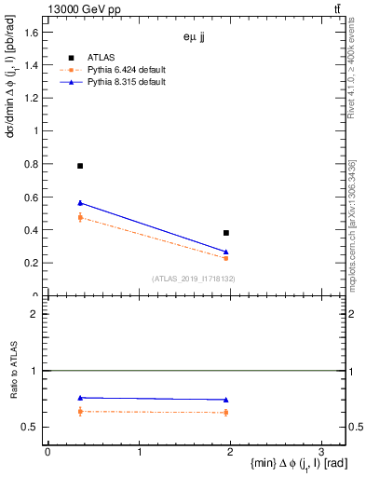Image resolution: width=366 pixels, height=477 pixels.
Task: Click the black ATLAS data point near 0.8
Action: (80, 166)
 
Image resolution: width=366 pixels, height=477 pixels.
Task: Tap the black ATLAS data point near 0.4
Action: (226, 233)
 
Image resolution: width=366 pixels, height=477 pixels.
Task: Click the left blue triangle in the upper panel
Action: (80, 203)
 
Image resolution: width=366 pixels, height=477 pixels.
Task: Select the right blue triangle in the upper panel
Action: (226, 252)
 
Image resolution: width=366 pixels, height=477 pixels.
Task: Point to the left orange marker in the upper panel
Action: (80, 217)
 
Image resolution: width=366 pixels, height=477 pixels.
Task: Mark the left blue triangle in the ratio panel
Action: (80, 398)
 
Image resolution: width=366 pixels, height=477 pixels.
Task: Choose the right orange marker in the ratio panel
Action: (226, 412)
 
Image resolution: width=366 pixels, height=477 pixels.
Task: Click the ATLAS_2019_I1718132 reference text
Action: (194, 278)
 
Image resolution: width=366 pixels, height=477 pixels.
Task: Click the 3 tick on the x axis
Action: (321, 452)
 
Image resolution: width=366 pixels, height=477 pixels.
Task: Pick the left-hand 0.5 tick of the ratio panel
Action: (32, 428)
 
